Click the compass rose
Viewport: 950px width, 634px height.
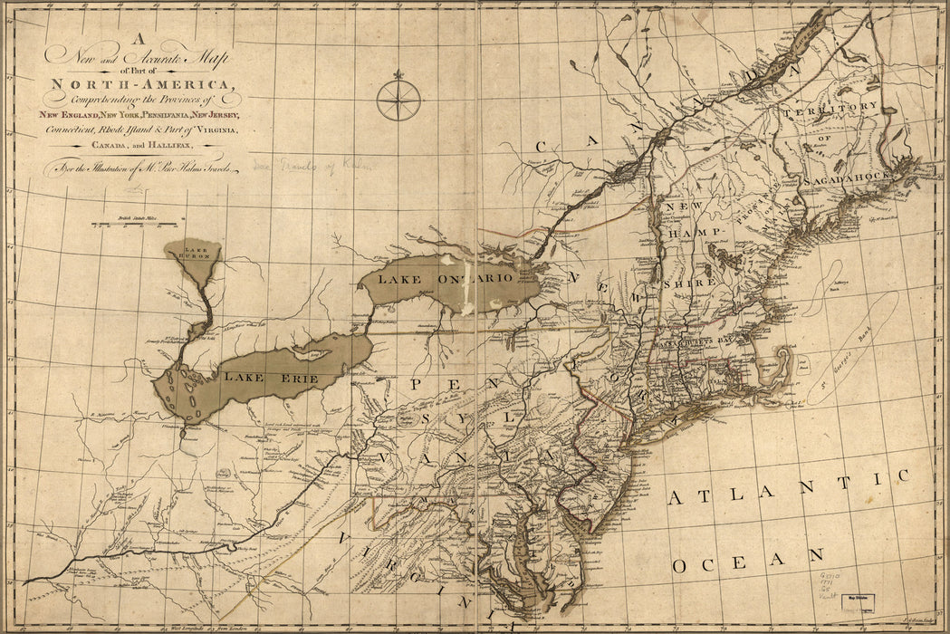(398, 100)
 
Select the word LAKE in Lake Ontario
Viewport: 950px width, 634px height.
(399, 279)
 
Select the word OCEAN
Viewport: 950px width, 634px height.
(748, 561)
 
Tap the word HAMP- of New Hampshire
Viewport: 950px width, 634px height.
(691, 233)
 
